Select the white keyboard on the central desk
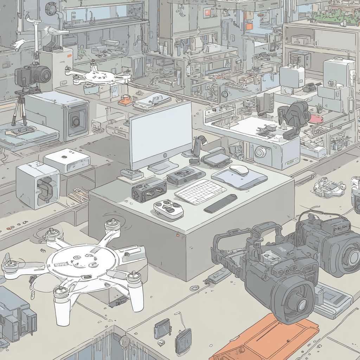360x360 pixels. (x=200, y=192)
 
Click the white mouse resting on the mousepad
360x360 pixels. (x=239, y=170)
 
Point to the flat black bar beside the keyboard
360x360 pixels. (x=220, y=204)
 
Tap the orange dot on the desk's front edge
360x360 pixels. (x=178, y=234)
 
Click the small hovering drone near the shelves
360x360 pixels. (x=98, y=76)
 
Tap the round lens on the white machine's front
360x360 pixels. (x=260, y=152)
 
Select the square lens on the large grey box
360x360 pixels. (x=75, y=121)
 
